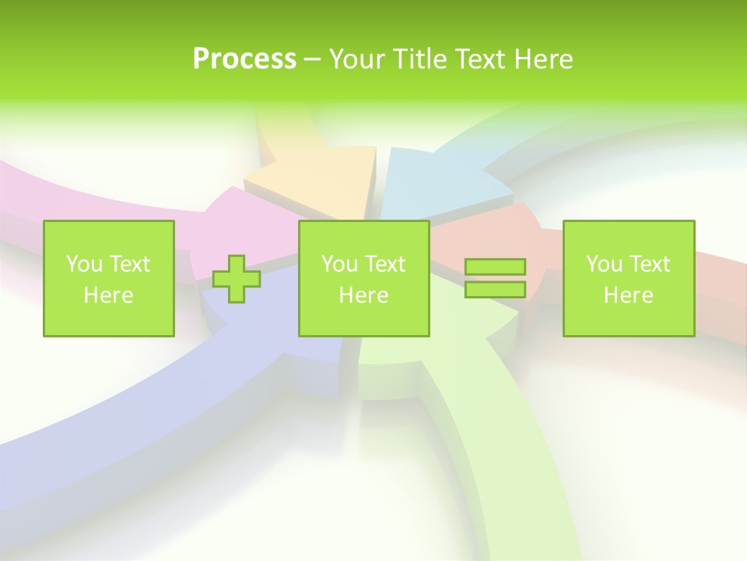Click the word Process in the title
coord(244,59)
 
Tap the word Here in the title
coord(543,59)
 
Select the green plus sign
coord(237,278)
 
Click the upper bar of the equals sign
coord(495,267)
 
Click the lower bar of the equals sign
coord(495,289)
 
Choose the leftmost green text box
coord(109,278)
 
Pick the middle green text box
coord(364,278)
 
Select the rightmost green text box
coord(629,278)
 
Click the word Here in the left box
coord(109,295)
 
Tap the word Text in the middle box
coord(385,264)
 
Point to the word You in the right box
coord(604,264)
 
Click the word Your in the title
coord(359,59)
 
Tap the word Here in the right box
coord(629,295)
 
